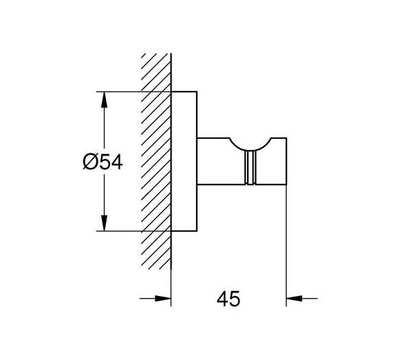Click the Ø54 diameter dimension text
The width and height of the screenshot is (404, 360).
coord(103,162)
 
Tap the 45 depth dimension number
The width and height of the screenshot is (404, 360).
coord(228,299)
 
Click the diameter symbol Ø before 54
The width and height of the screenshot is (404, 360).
coord(90,162)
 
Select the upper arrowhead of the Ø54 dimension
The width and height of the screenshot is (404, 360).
coord(104,99)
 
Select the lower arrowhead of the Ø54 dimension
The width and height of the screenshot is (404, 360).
coord(104,223)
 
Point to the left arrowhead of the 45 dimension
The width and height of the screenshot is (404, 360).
coord(163,299)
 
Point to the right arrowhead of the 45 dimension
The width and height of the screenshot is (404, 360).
coord(295,299)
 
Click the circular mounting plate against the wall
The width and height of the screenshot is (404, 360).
coord(184,161)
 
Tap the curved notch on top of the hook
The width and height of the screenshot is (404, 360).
coord(250,146)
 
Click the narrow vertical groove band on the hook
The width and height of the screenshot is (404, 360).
coord(251,167)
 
